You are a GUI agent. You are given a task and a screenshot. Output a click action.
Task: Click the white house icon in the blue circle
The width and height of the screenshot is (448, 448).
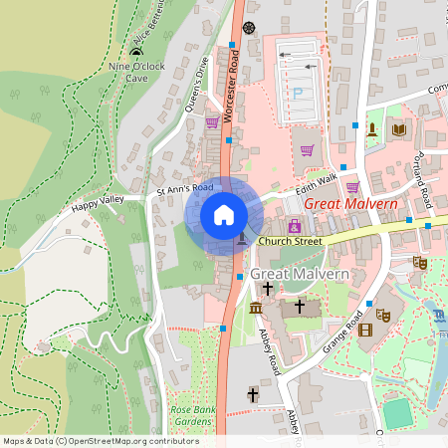(224, 214)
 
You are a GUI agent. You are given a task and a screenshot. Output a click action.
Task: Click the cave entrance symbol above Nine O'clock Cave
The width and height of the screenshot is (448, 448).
(136, 52)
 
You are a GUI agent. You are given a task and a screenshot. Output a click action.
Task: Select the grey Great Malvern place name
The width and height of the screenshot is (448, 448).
(299, 274)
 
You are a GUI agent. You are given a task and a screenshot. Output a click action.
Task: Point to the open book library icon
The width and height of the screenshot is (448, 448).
(399, 129)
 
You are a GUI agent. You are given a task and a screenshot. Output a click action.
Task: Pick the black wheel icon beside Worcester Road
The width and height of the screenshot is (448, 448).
(248, 27)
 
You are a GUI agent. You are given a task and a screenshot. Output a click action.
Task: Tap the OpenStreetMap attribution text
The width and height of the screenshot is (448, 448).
(101, 440)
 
